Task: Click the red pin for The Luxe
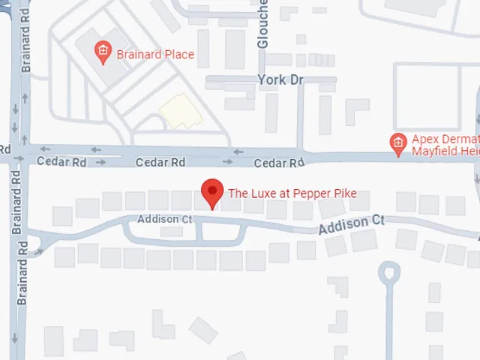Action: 213,193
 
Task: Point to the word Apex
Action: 424,139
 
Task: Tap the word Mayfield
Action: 433,151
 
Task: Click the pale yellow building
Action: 179,111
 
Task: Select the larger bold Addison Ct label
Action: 351,224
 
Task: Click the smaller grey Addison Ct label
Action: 165,219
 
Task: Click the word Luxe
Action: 261,193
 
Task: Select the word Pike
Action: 343,193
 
